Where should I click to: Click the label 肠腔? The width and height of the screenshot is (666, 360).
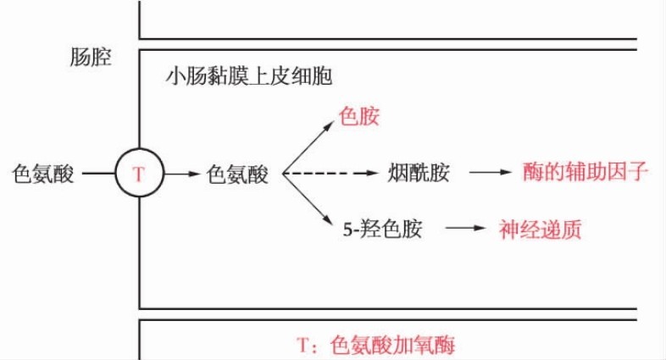[91, 58]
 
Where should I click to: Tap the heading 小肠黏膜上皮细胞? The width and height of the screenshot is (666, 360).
[248, 77]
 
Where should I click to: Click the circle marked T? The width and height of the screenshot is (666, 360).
[140, 174]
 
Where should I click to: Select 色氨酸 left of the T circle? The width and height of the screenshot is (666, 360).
[43, 174]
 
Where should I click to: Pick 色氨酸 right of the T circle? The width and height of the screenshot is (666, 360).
[237, 174]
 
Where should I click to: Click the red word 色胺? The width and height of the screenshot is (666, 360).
[358, 116]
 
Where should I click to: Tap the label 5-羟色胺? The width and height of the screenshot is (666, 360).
[382, 229]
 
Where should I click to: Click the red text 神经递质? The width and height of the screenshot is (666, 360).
[540, 229]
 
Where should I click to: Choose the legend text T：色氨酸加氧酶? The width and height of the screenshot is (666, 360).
[380, 345]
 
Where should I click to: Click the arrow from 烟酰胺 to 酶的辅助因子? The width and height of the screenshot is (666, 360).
[490, 174]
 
